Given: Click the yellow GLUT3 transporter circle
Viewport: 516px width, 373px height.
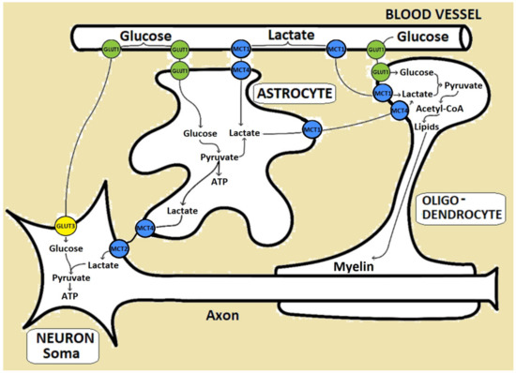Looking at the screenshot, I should pos(68,226).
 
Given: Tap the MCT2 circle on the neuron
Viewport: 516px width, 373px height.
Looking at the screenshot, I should pos(119,249).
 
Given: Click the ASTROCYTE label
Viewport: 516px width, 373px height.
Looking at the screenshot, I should pos(288,94).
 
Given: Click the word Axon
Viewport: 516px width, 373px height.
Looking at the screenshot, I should pos(225,316).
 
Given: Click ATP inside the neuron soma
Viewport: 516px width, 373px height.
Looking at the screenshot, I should pos(68,294).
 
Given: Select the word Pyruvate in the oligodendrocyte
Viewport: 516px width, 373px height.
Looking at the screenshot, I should pos(463,85).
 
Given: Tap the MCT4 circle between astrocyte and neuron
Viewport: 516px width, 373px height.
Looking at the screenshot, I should pos(144,228).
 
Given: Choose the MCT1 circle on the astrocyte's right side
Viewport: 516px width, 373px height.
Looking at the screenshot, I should pos(311,129).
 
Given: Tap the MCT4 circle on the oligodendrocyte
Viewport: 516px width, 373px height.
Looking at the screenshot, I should pos(401,112).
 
